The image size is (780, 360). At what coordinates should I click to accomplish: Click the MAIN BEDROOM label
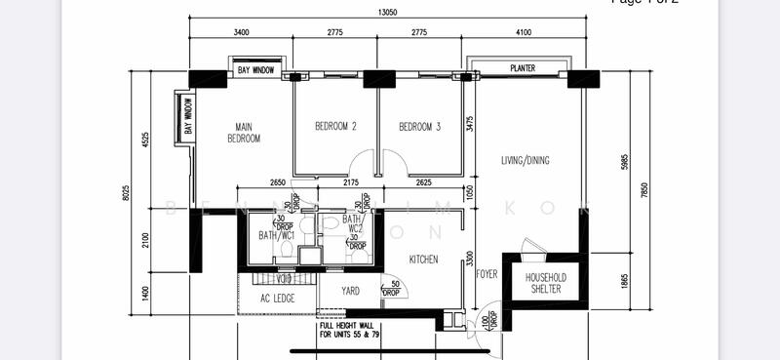[244, 132]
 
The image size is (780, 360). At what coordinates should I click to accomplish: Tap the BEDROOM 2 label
[334, 126]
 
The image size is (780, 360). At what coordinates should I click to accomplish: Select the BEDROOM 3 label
[419, 126]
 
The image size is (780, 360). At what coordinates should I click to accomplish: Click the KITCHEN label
[423, 260]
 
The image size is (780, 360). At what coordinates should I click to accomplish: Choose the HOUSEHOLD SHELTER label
[546, 283]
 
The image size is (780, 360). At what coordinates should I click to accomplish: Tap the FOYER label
[487, 274]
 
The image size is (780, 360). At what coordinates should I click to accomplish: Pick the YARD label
[350, 290]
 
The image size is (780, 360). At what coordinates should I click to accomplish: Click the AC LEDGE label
[278, 299]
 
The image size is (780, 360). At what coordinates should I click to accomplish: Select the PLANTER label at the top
[523, 68]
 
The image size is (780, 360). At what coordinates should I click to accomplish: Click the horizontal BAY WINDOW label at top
[256, 71]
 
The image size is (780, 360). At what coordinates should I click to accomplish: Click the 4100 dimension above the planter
[524, 32]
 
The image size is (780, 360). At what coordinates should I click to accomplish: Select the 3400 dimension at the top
[242, 32]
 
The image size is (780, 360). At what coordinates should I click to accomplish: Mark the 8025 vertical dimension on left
[126, 193]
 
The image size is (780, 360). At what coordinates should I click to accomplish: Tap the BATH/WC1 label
[276, 235]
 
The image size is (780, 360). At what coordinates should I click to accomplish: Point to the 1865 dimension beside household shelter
[625, 279]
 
